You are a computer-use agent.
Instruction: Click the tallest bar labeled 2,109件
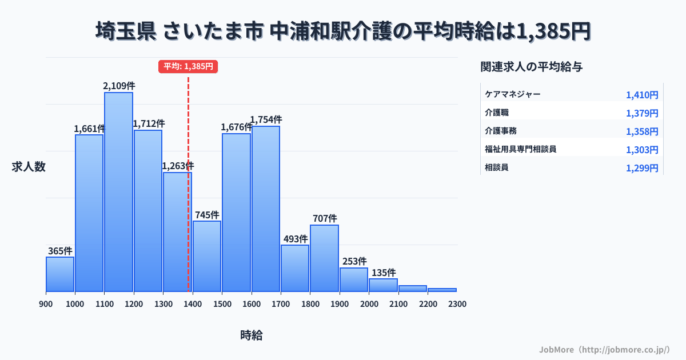(x=118, y=192)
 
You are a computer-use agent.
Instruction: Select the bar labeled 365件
(x=60, y=274)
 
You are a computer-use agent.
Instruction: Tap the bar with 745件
(x=207, y=256)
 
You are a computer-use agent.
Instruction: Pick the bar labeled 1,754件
(x=266, y=209)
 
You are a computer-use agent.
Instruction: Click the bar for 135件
(x=383, y=285)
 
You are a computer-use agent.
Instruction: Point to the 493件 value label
(x=296, y=239)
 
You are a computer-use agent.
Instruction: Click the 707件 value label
(x=325, y=218)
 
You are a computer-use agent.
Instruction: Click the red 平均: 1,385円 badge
(x=188, y=66)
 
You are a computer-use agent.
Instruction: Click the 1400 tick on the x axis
(x=193, y=304)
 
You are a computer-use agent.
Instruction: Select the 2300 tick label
(x=457, y=304)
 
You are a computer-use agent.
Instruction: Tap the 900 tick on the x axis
(x=46, y=304)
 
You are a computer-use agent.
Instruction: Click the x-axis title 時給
(x=252, y=335)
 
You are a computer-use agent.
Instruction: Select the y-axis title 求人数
(x=29, y=167)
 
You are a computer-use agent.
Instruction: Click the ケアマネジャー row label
(x=512, y=95)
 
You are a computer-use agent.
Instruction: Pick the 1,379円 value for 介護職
(x=642, y=113)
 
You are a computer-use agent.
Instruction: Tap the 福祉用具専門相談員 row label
(x=520, y=150)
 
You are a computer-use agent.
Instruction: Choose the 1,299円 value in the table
(x=642, y=168)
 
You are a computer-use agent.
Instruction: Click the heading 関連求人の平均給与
(x=532, y=67)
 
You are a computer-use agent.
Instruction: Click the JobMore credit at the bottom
(x=604, y=349)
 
